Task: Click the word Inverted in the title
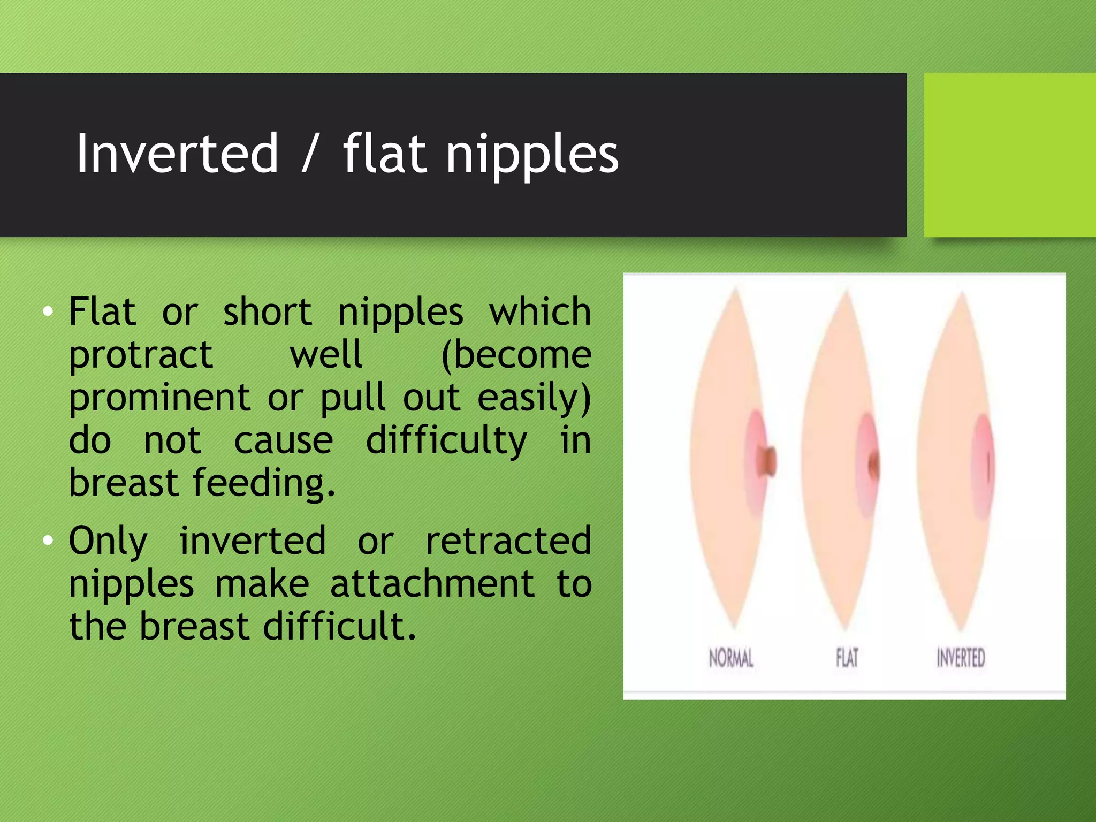[x=177, y=154]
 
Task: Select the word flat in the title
[x=384, y=154]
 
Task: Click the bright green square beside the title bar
[x=1009, y=155]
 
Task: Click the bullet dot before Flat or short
[x=48, y=311]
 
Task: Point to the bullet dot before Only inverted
[x=48, y=541]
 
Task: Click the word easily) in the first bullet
[x=534, y=399]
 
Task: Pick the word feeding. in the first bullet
[x=263, y=483]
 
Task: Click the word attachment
[x=432, y=584]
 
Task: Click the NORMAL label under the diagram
[x=731, y=658]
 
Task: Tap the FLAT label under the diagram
[x=847, y=658]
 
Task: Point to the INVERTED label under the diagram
[x=961, y=658]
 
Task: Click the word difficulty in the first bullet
[x=446, y=442]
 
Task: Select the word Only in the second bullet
[x=108, y=541]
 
